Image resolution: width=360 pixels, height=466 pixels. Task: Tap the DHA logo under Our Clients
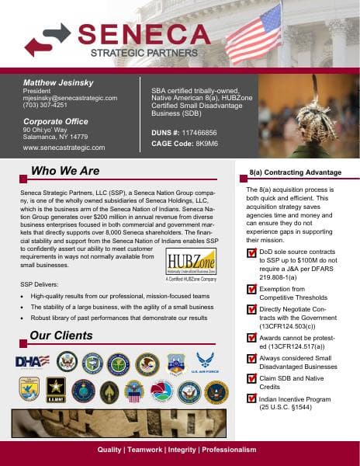33,361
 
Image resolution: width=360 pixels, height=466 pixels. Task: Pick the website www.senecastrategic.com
64,147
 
